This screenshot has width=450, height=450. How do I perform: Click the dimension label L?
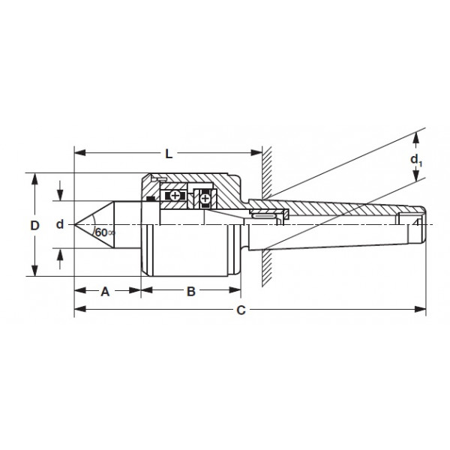click(169, 154)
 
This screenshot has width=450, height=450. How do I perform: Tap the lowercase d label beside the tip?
click(60, 224)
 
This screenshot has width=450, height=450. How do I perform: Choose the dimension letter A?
click(106, 292)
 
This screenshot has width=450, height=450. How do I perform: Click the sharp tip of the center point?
click(75, 224)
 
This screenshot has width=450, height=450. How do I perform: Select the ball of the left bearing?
click(175, 196)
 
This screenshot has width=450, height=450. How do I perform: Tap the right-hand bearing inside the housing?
click(204, 199)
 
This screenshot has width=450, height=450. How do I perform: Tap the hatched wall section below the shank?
click(265, 266)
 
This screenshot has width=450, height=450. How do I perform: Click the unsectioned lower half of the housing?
click(191, 251)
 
